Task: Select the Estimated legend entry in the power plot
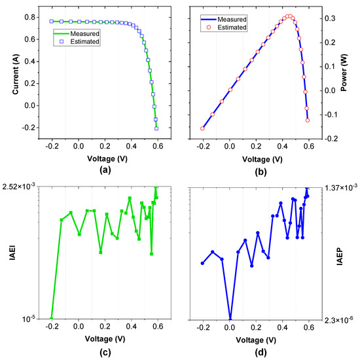[x=232, y=27]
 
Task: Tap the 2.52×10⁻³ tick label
[x=21, y=187]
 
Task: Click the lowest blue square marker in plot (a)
[x=156, y=128]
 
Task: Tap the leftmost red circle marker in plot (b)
[x=202, y=128]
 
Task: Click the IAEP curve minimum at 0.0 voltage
[x=230, y=319]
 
